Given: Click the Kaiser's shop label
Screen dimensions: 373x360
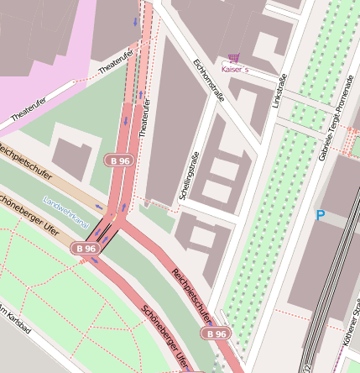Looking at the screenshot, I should [x=235, y=70].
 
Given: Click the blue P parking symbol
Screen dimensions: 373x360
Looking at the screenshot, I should [x=320, y=215].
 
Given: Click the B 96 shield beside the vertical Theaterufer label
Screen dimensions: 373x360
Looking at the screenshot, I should [x=118, y=160].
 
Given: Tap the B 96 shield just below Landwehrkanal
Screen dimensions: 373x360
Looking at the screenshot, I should [x=85, y=249].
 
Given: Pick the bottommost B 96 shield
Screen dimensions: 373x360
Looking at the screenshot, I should [x=214, y=334].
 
